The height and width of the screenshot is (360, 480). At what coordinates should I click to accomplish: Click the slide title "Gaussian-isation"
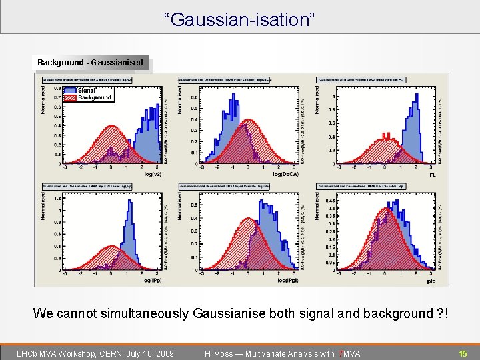pos(240,19)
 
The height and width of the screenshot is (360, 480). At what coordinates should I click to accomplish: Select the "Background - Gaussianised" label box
pos(90,63)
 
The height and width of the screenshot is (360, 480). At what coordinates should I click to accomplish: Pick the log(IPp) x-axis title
pos(151,281)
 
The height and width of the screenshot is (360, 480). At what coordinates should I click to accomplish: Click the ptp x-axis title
pos(431,281)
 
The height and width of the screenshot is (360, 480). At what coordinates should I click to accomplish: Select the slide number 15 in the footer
pos(462,353)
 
